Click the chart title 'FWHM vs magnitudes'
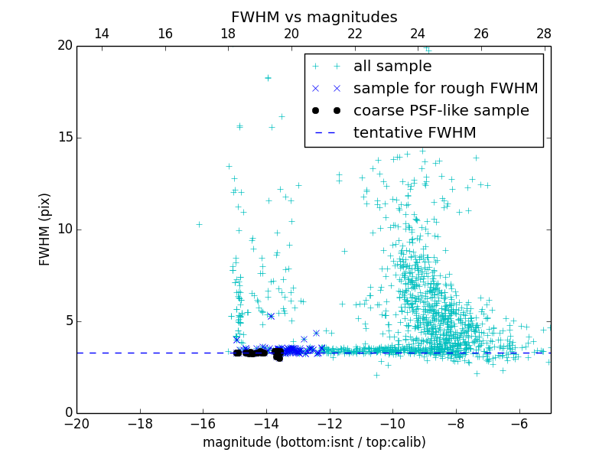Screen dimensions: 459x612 tap(314, 17)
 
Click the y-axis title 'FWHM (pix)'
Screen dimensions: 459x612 tap(45, 229)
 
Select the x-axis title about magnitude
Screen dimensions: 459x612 tap(314, 442)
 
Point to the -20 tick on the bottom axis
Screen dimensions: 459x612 tap(76, 423)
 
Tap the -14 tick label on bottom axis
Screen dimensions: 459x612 tap(266, 423)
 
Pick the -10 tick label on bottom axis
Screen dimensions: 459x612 tap(392, 423)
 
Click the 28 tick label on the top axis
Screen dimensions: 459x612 tap(544, 34)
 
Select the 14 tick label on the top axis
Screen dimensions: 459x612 tap(102, 34)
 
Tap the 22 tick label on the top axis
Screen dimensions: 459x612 tap(354, 34)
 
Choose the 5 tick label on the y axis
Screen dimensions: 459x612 tap(67, 321)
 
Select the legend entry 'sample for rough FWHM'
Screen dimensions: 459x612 tap(445, 89)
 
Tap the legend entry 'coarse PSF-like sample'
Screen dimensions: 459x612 tap(441, 111)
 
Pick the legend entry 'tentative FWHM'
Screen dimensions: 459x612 tap(415, 133)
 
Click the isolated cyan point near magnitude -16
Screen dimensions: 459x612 tap(199, 224)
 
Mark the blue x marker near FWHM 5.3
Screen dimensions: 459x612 tap(270, 316)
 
